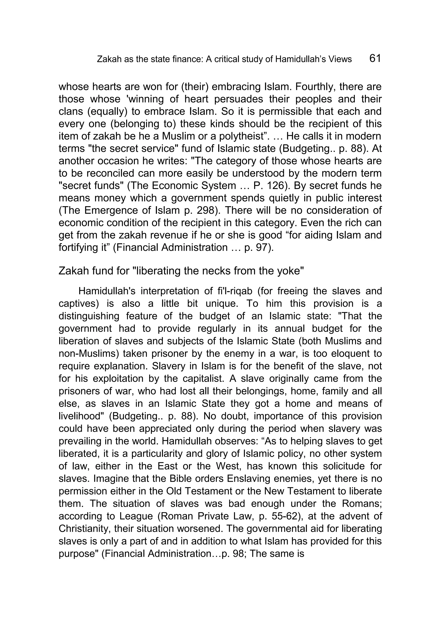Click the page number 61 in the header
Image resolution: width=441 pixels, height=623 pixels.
click(375, 58)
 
